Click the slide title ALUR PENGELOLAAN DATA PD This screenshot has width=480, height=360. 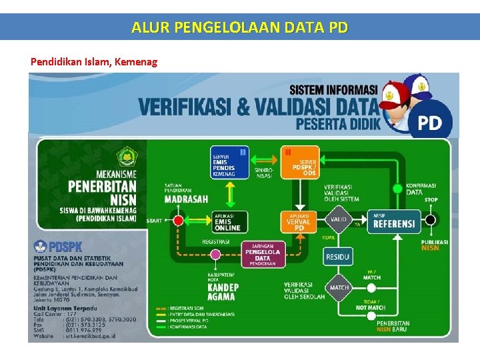pyautogui.click(x=239, y=27)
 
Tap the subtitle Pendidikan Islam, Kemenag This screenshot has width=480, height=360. pyautogui.click(x=94, y=62)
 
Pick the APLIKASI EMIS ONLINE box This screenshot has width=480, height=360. pyautogui.click(x=229, y=222)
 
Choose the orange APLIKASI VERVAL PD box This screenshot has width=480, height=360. pyautogui.click(x=299, y=222)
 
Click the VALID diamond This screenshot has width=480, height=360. pyautogui.click(x=339, y=219)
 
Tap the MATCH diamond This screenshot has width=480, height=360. pyautogui.click(x=339, y=288)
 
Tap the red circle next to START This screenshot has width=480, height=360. pyautogui.click(x=178, y=220)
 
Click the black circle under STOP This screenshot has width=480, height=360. pyautogui.click(x=431, y=219)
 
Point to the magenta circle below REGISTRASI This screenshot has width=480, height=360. pyautogui.click(x=215, y=254)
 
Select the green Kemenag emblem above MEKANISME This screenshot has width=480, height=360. pyautogui.click(x=126, y=157)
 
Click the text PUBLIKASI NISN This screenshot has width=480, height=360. pyautogui.click(x=430, y=243)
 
